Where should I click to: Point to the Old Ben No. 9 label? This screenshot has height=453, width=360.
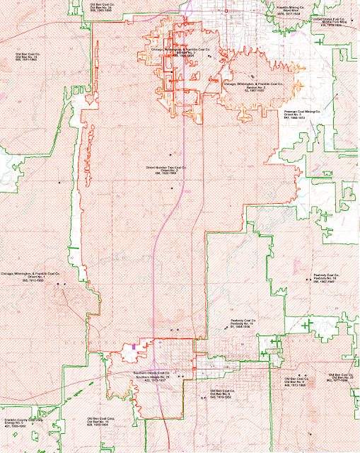tap(295, 382)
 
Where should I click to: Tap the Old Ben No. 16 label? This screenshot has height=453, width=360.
tap(100, 422)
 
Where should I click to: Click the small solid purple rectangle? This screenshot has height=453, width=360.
tap(133, 346)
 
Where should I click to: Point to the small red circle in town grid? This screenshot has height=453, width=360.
tap(226, 12)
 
